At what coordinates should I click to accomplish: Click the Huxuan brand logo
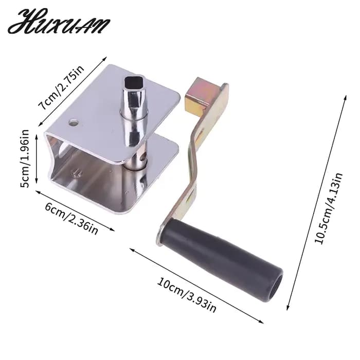[59, 22]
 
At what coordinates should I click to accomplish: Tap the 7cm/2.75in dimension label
[62, 88]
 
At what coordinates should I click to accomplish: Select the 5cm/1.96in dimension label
[25, 158]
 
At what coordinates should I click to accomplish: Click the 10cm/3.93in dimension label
[186, 295]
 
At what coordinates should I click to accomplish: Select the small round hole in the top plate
[74, 123]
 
